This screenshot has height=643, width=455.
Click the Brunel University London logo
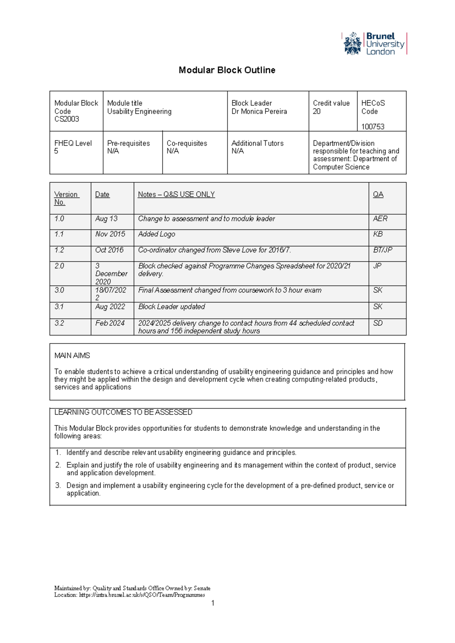click(375, 44)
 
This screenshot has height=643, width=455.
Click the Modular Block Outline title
click(227, 70)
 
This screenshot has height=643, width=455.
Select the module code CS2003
click(67, 119)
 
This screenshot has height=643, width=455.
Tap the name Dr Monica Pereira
click(259, 111)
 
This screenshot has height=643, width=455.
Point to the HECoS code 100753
click(373, 127)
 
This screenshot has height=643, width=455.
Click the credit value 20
click(317, 111)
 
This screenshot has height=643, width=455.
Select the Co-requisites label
click(187, 143)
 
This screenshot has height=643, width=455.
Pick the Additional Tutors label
click(257, 143)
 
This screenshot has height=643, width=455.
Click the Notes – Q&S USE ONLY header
click(176, 194)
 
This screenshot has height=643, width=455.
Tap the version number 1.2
click(59, 250)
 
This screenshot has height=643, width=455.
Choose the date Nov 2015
click(110, 234)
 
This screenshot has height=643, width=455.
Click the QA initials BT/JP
click(382, 250)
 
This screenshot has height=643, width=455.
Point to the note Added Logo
click(157, 234)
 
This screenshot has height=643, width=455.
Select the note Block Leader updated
click(171, 307)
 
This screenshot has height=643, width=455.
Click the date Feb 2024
click(110, 323)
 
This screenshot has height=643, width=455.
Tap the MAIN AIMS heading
click(72, 356)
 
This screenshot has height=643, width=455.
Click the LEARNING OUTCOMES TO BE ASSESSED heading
click(123, 412)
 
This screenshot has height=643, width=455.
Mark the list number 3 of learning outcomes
click(58, 485)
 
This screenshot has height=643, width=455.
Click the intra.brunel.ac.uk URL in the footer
click(142, 595)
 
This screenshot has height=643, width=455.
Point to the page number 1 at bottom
click(213, 603)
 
